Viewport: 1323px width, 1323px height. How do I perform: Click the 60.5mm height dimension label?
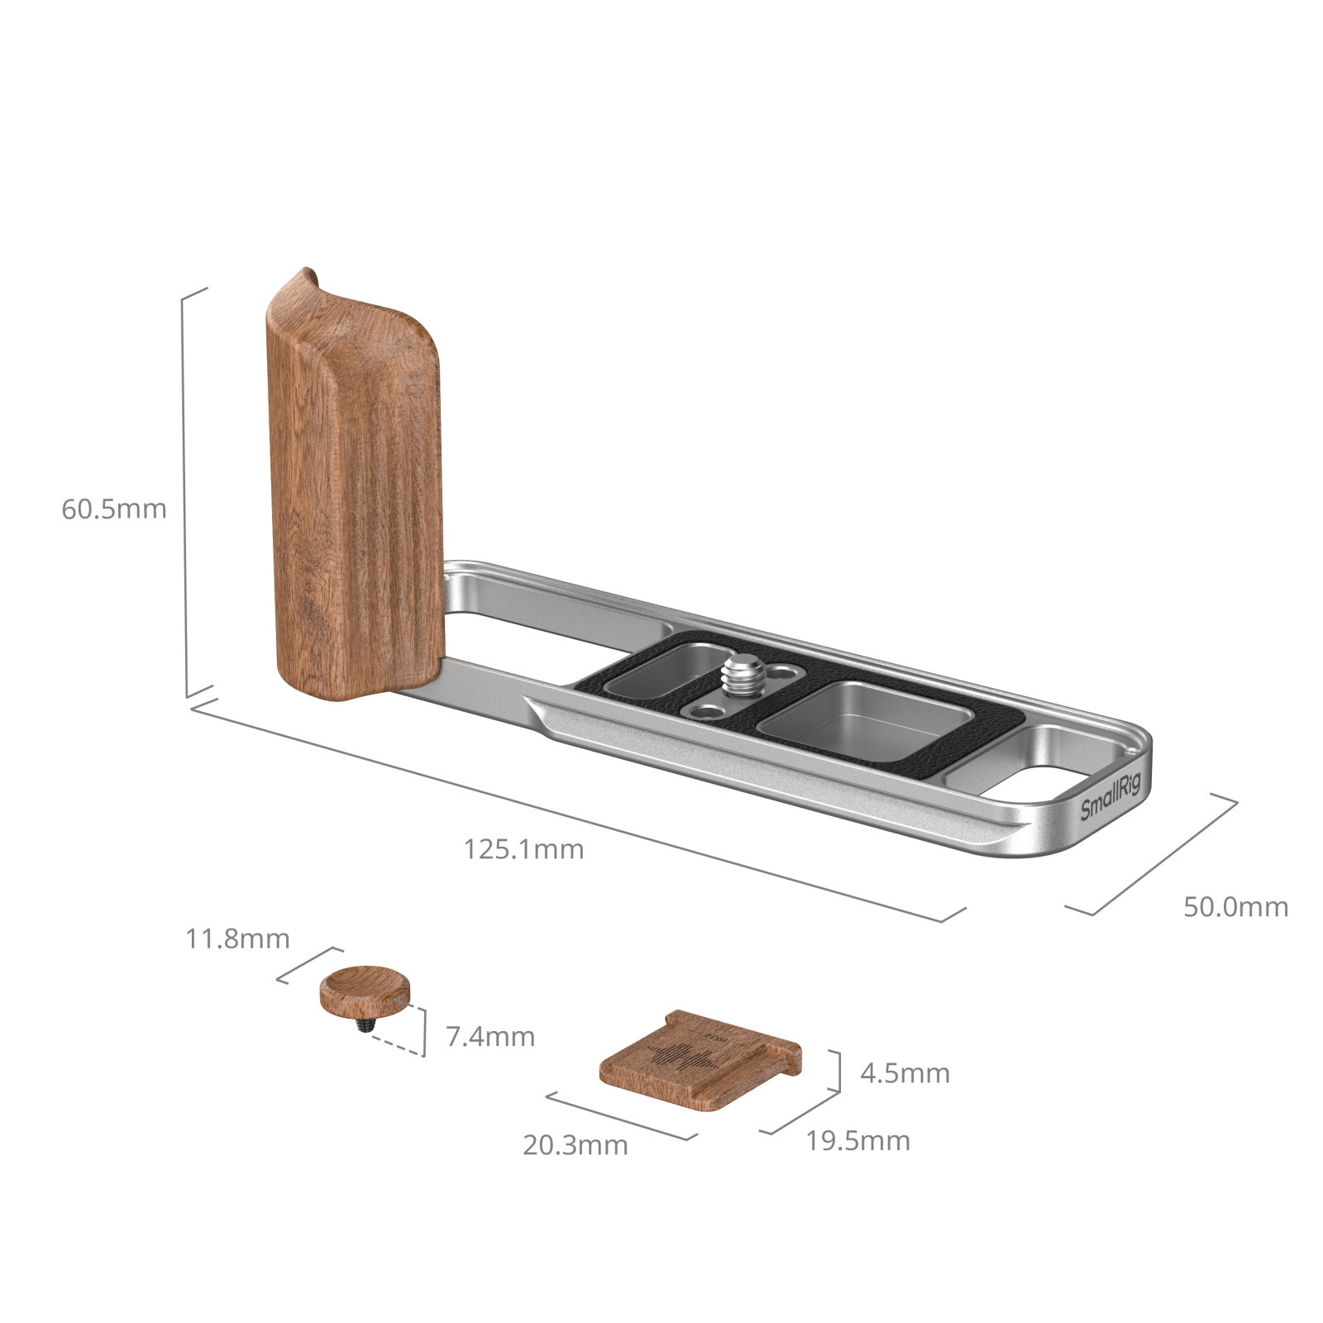[114, 509]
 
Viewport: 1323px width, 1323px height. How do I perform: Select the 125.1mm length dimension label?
[523, 849]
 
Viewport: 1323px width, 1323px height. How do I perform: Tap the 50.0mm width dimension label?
[1235, 907]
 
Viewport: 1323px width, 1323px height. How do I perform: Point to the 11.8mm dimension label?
[237, 939]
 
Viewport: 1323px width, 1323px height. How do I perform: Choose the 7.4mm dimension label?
[490, 1036]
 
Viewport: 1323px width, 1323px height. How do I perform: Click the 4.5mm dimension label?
[905, 1073]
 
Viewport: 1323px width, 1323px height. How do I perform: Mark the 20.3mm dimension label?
[575, 1145]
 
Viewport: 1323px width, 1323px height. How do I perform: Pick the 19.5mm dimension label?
[857, 1141]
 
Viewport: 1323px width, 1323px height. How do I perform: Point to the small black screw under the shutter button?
[365, 1025]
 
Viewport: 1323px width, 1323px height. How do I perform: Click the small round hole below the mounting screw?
[709, 710]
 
